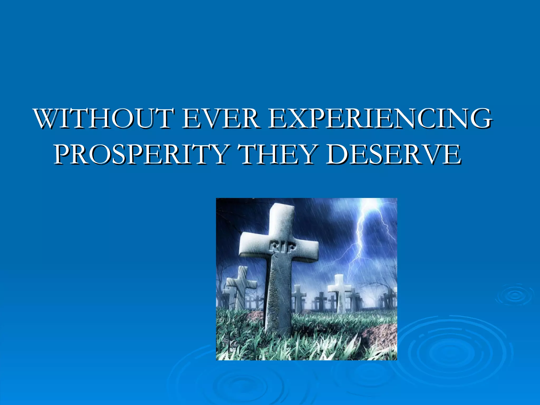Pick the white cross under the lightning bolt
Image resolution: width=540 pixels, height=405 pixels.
(340, 290)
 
